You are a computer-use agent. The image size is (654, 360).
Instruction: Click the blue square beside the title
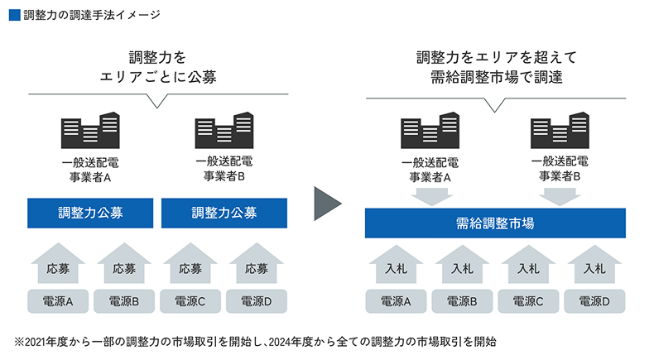click(x=12, y=15)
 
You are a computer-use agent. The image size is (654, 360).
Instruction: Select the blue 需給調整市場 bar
click(x=494, y=223)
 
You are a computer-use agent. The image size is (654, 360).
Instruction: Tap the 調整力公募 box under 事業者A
click(x=91, y=213)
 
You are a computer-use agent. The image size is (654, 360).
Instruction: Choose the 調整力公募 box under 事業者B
click(x=224, y=213)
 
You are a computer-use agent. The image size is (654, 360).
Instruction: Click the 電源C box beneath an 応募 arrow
click(x=191, y=301)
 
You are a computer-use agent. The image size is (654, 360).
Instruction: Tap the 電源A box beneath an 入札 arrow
click(x=396, y=301)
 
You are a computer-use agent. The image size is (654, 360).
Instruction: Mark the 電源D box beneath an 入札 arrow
click(x=594, y=301)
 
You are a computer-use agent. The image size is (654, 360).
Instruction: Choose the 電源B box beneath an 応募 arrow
click(x=124, y=301)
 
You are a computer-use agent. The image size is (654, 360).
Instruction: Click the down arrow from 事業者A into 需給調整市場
click(x=430, y=196)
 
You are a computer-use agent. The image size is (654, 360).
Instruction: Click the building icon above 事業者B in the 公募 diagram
click(x=224, y=132)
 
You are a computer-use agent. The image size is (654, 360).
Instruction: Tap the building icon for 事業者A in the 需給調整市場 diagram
click(x=430, y=132)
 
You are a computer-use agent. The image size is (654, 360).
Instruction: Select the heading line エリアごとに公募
click(x=157, y=78)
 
